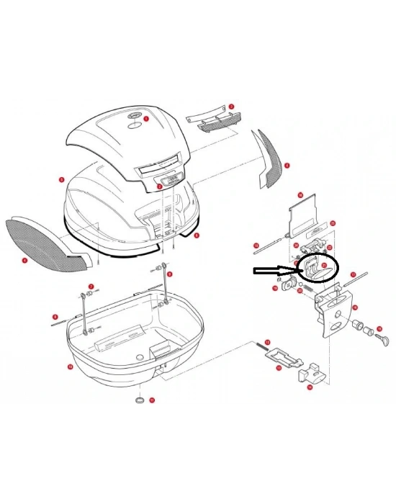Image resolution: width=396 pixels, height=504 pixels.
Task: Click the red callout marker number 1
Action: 145,118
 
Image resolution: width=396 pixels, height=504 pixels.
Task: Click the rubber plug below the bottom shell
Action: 140,399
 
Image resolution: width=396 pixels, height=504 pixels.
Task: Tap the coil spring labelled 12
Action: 261,348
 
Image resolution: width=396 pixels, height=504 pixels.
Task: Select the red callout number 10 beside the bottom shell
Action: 70,366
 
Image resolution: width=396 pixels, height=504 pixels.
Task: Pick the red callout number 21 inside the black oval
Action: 323,266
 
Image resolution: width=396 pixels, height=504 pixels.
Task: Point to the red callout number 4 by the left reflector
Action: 24,260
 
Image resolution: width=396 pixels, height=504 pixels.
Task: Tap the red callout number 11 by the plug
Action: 152,400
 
